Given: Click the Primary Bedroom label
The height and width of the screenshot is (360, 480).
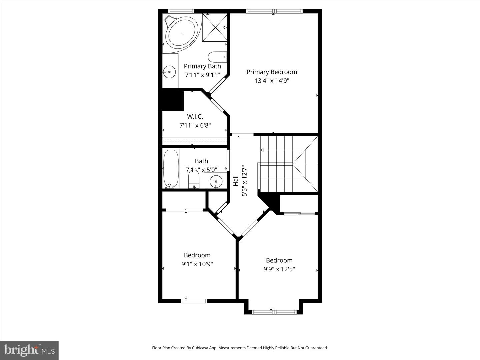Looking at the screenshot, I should [x=272, y=72].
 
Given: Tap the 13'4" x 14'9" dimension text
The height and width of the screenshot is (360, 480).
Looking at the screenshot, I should [x=272, y=81].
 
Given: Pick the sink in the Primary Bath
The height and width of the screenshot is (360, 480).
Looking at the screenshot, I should [x=169, y=71].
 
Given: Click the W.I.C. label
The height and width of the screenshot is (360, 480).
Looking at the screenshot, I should [x=195, y=117].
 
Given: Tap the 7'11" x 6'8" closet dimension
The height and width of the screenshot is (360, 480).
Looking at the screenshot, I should [x=195, y=125].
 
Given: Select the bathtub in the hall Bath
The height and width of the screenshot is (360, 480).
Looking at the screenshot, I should [x=171, y=169].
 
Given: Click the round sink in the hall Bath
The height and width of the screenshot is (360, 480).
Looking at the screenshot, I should [x=216, y=181].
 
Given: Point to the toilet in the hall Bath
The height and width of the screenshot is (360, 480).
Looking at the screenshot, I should [x=193, y=179].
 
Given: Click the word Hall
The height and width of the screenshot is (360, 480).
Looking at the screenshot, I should [x=236, y=181].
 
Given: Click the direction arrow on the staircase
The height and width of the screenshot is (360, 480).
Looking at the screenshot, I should [x=262, y=150].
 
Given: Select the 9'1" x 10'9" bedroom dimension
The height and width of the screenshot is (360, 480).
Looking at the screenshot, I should [x=197, y=264].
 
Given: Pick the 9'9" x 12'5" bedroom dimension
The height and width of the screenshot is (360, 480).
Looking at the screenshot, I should [x=279, y=269].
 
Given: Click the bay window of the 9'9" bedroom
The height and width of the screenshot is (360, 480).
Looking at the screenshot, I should [x=274, y=312].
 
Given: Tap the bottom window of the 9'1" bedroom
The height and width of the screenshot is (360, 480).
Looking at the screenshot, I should [x=194, y=301].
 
